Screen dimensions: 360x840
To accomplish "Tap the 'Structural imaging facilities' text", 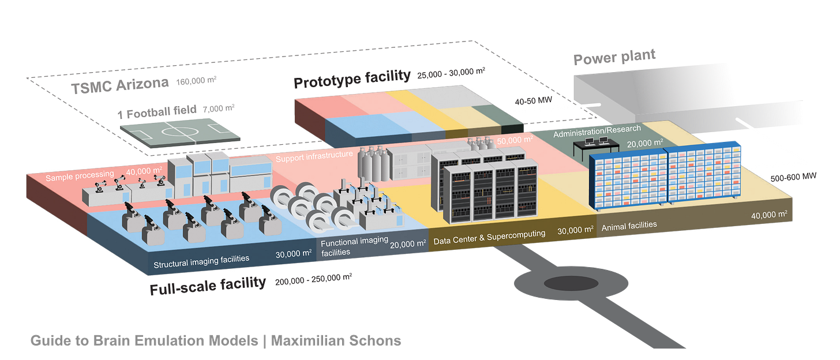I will (x=201, y=260).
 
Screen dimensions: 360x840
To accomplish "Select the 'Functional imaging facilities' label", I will (x=354, y=247).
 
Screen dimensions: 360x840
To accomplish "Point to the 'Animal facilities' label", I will (x=629, y=226).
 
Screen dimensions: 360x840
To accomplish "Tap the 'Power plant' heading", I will (x=614, y=58).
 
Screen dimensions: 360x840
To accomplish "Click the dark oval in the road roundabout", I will (x=571, y=283).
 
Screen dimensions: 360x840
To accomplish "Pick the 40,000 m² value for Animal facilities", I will (x=769, y=215).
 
